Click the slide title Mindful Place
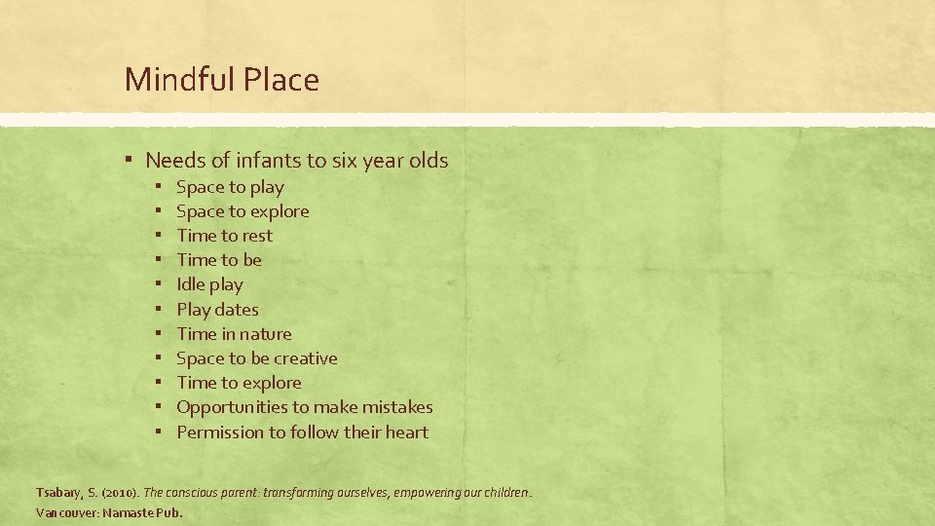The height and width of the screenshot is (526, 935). (x=221, y=80)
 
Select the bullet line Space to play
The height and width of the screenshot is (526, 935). (x=230, y=187)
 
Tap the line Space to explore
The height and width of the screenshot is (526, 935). (x=243, y=211)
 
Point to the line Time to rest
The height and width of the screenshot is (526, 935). (x=224, y=236)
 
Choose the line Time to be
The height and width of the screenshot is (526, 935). (x=219, y=260)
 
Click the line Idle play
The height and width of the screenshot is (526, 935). (x=209, y=284)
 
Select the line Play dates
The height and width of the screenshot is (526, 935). (x=217, y=310)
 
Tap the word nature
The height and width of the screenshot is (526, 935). (x=264, y=334)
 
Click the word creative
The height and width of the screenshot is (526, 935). (x=305, y=358)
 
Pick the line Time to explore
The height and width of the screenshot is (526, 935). (x=239, y=383)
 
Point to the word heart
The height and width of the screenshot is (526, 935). (x=406, y=432)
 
